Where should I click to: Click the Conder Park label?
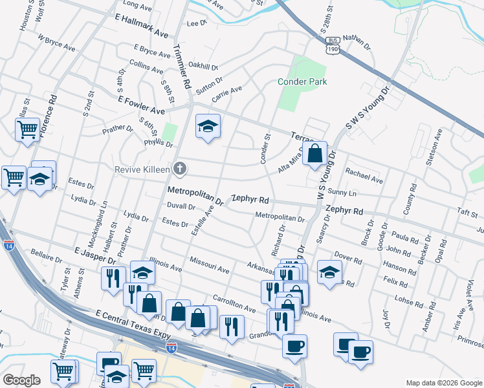tap(302, 81)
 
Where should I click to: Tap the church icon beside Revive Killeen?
tap(180, 169)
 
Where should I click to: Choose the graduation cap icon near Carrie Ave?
tap(208, 126)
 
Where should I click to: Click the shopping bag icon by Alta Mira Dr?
tap(314, 154)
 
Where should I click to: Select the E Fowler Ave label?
tap(141, 105)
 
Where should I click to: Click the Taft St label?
tap(466, 212)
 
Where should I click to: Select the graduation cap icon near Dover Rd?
tap(329, 272)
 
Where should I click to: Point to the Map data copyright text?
tap(443, 383)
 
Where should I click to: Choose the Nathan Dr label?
tap(358, 43)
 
